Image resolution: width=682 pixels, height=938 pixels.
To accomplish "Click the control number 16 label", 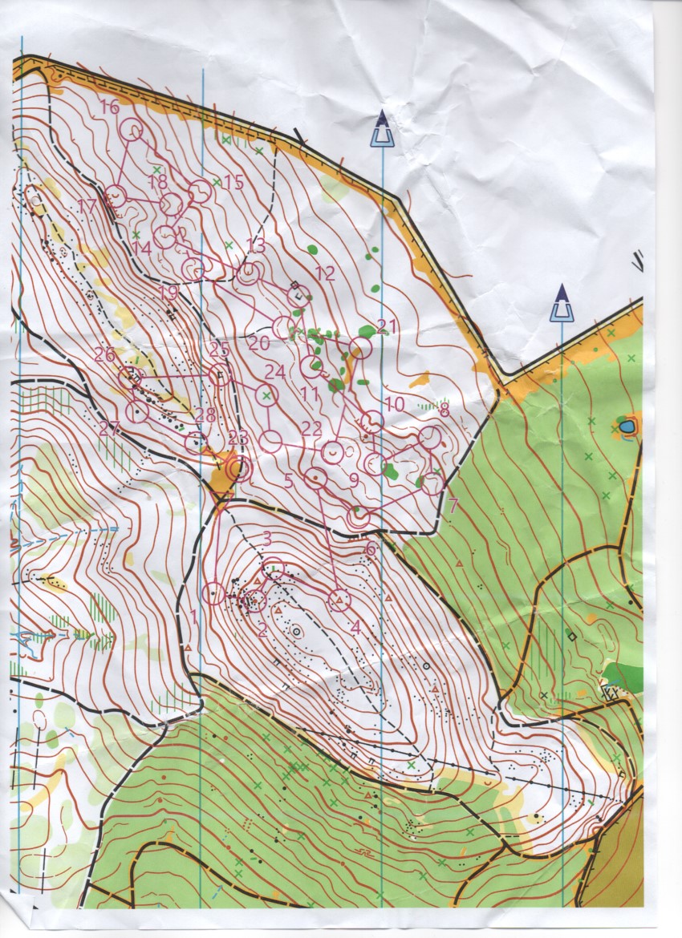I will (110, 107).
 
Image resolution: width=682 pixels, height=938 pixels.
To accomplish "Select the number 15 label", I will (233, 182).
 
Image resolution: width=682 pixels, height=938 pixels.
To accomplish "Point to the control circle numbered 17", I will (116, 195).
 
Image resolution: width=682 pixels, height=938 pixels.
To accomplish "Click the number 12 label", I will (324, 273).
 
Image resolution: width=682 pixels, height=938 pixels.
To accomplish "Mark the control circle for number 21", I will (361, 348).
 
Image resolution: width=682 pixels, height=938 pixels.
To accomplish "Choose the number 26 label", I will (104, 354).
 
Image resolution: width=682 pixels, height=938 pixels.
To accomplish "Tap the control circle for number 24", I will (266, 394).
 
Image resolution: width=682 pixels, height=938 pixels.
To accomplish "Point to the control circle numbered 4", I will (339, 600).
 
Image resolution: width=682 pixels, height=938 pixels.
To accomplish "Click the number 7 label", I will (453, 506).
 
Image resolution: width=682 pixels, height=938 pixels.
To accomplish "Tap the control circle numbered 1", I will (213, 593).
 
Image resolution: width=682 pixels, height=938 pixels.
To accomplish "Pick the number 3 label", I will (267, 538).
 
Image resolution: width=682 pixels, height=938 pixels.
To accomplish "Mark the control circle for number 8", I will (430, 437).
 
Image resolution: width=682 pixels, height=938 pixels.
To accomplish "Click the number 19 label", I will (168, 293).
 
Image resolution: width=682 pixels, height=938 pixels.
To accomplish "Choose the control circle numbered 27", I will (138, 412).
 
